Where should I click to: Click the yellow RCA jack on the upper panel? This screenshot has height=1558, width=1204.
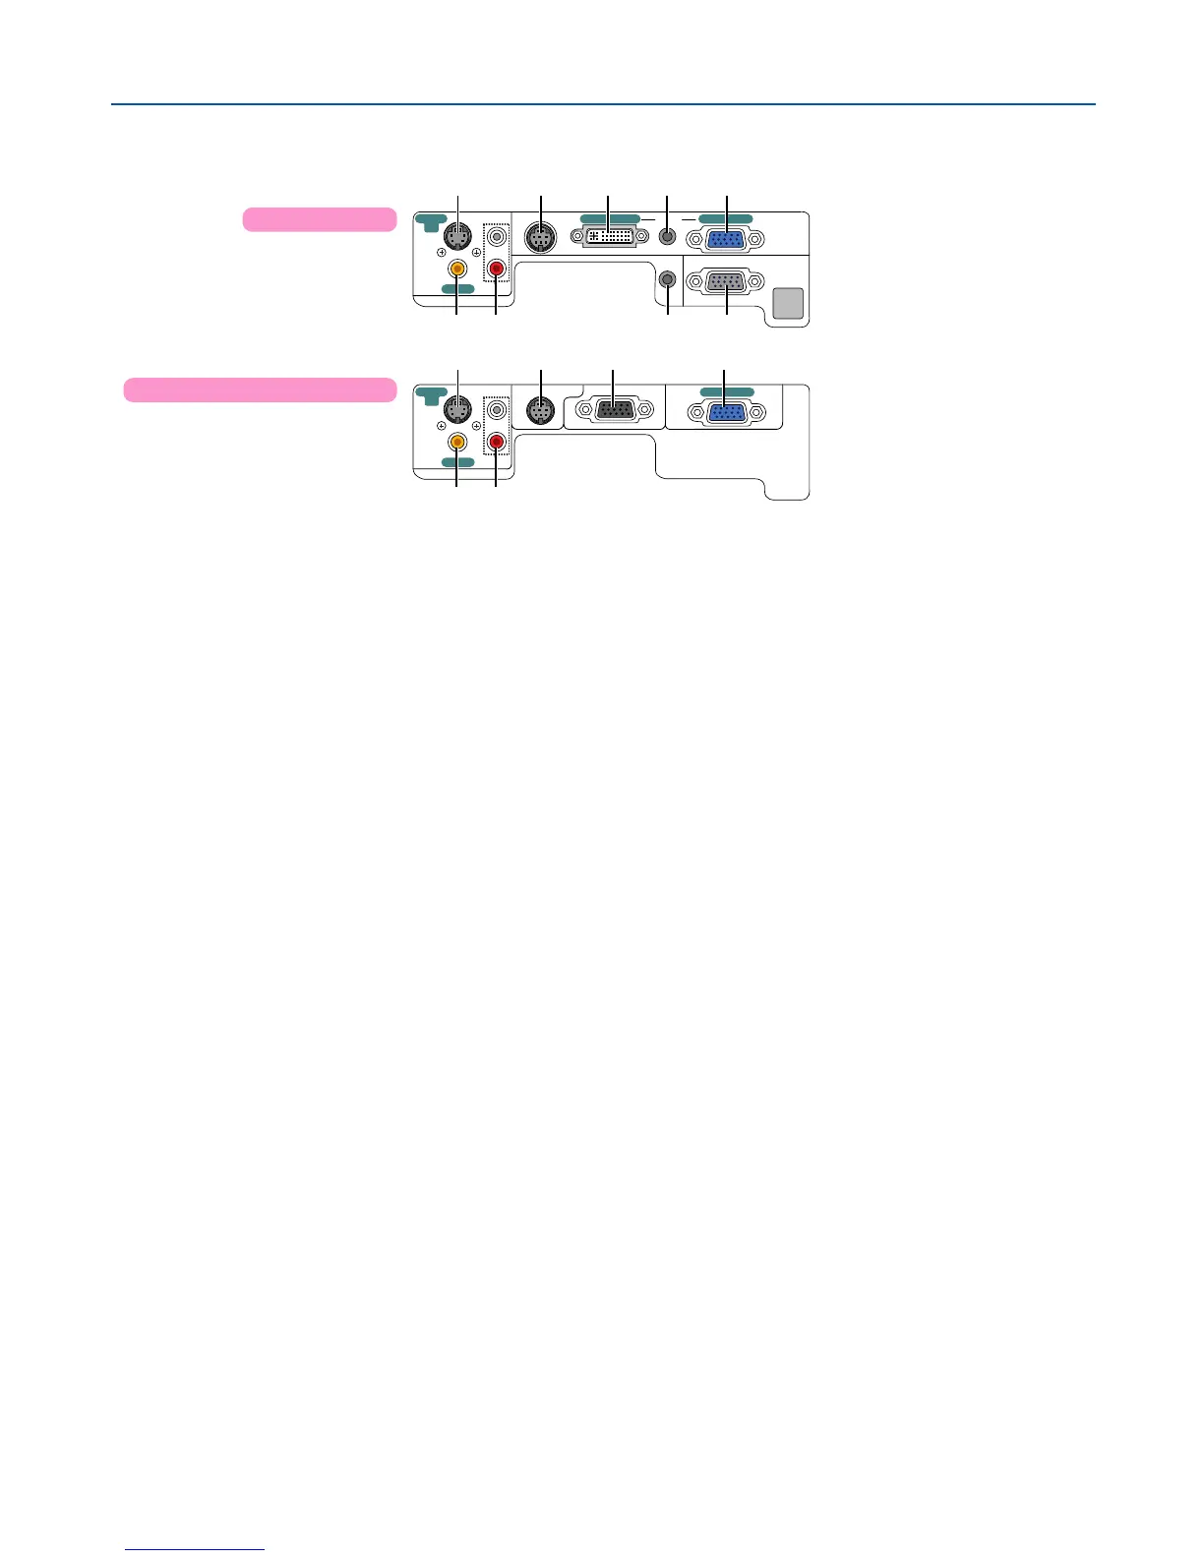[456, 268]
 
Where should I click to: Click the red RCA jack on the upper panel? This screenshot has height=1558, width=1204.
[497, 268]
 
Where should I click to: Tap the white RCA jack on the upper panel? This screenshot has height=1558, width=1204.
[497, 236]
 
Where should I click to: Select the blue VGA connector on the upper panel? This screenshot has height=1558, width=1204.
[726, 240]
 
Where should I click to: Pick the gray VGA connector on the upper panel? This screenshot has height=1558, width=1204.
[726, 281]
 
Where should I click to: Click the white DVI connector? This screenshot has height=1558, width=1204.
[609, 236]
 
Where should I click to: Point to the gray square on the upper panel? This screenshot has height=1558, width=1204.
[789, 303]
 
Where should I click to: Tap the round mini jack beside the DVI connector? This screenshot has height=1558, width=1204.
[668, 236]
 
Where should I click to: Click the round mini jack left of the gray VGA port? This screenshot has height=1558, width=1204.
[668, 279]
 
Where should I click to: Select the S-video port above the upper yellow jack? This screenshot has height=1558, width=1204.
[456, 237]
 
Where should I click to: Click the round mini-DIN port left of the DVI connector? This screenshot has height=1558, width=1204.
[540, 237]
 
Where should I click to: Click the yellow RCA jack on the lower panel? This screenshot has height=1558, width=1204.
[456, 442]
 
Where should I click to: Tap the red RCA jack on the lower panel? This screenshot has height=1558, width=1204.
[497, 442]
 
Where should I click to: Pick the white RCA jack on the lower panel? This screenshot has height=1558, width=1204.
[497, 409]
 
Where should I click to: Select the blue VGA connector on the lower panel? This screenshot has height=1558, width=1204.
[726, 413]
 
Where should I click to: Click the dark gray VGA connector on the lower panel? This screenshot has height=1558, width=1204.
[615, 410]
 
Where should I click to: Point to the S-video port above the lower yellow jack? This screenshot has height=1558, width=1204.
[456, 409]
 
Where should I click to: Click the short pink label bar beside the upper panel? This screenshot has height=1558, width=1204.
[320, 219]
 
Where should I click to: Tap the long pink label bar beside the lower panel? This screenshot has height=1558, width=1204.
[260, 389]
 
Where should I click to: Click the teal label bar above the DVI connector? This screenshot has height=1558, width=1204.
[609, 218]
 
